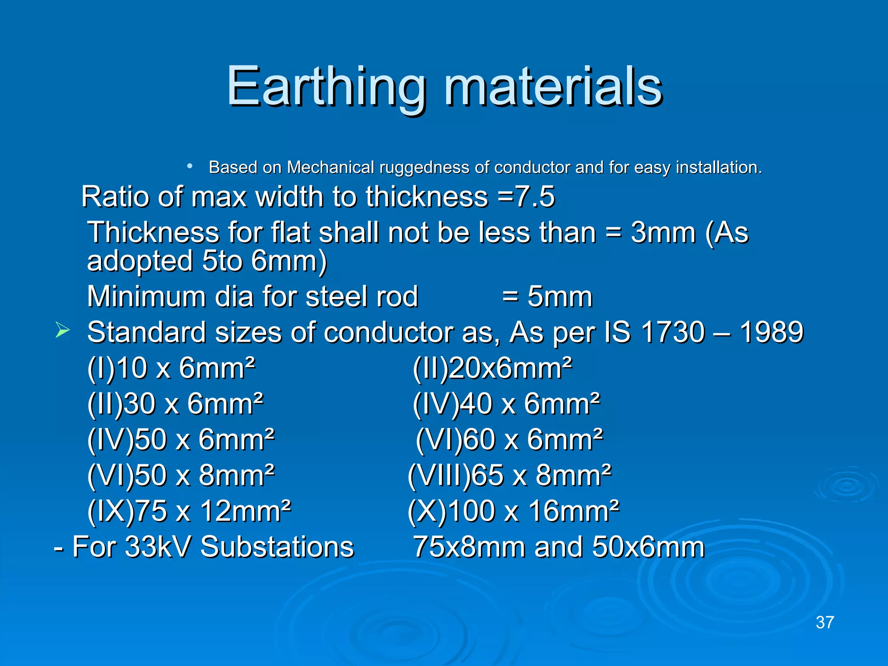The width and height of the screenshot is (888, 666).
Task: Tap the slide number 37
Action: (x=825, y=623)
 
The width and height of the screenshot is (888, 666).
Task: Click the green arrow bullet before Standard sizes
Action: (x=62, y=331)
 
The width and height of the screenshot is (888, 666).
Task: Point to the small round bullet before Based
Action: (x=189, y=166)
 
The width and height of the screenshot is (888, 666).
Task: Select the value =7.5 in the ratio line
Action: (x=526, y=197)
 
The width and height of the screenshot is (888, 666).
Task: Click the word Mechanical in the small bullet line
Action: (x=330, y=167)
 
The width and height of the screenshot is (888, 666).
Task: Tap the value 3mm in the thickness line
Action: (x=663, y=233)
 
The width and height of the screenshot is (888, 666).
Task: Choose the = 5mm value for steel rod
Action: (x=547, y=297)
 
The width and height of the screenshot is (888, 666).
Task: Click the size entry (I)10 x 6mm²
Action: (x=171, y=369)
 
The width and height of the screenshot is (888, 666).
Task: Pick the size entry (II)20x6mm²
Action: (x=492, y=369)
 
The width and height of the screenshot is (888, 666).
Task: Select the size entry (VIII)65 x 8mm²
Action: (x=509, y=476)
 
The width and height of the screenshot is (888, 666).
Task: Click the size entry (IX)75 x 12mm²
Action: (x=189, y=511)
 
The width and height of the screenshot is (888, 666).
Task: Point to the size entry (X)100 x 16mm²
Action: (x=513, y=511)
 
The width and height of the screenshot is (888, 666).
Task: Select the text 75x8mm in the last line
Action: (x=469, y=547)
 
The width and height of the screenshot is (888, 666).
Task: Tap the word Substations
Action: (x=277, y=547)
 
